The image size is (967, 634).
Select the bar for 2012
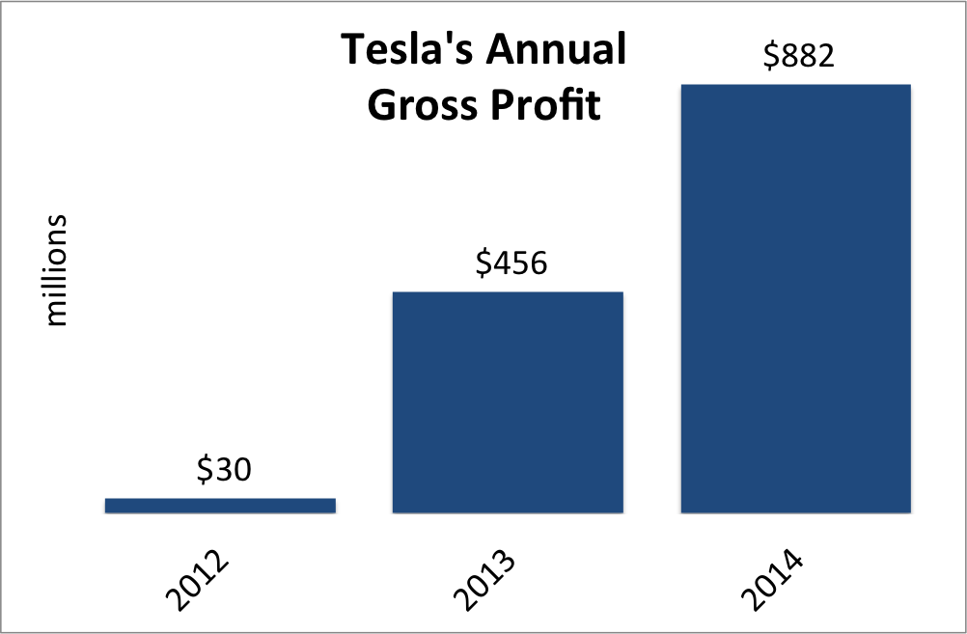pos(220,505)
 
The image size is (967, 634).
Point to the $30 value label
pos(223,470)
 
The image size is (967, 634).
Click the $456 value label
pos(511,262)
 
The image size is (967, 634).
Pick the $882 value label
pos(798,56)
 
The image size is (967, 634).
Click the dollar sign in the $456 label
pos(483,262)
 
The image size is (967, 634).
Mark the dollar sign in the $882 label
pos(771,56)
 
